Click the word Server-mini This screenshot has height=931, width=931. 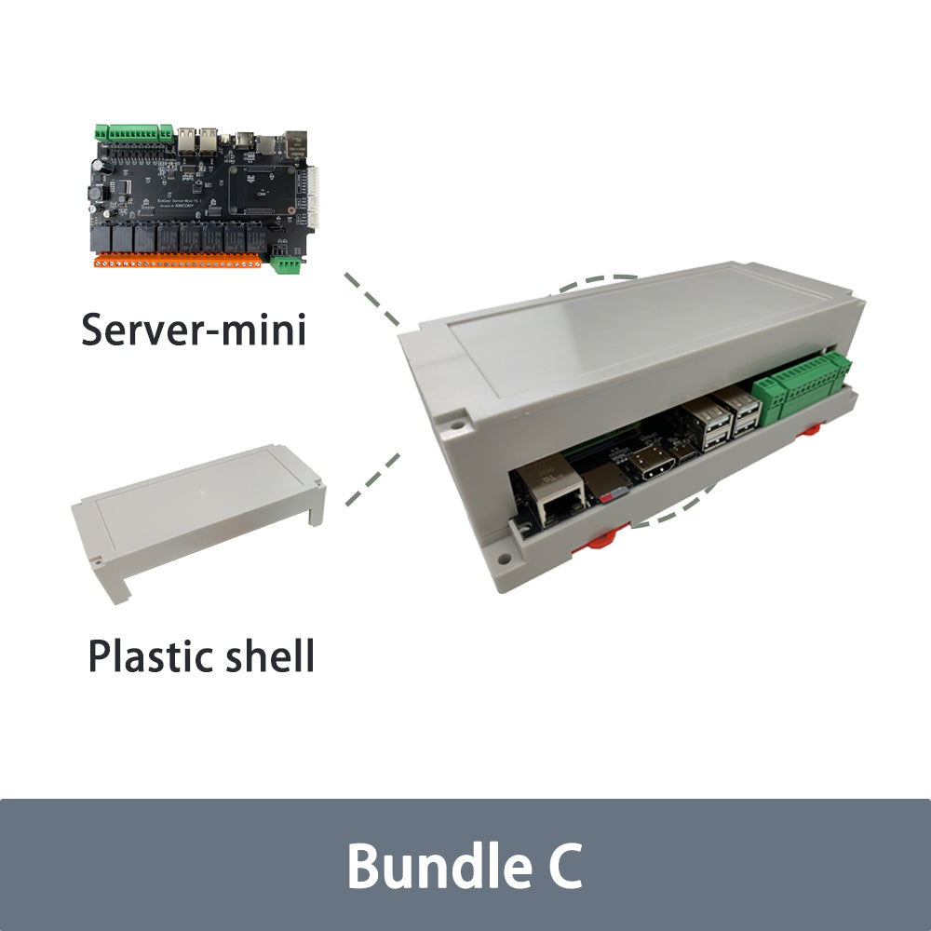point(194,330)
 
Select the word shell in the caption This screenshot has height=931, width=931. point(271,655)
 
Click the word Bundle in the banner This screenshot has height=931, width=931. point(425,866)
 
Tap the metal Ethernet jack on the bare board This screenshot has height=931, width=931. point(296,142)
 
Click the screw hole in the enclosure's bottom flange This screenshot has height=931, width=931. point(503,560)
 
